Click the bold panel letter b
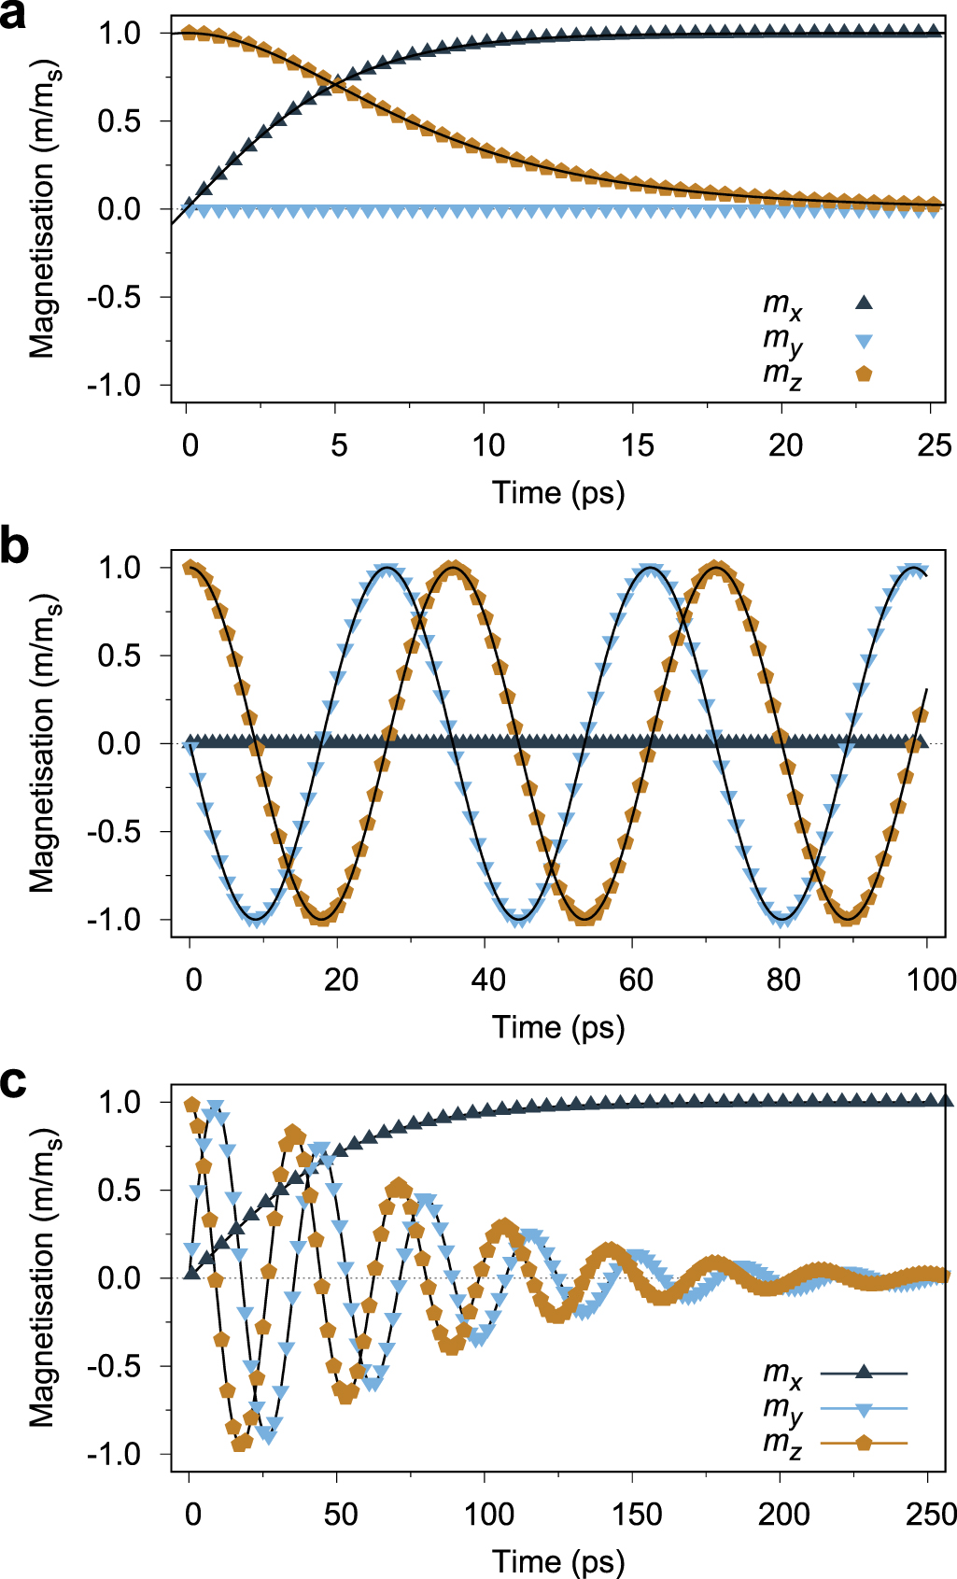[14, 546]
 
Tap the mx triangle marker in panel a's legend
[864, 302]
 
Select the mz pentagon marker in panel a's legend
[864, 374]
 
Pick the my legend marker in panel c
[864, 1409]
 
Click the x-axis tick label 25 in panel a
[934, 445]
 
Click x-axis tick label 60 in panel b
[636, 980]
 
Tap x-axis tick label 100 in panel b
[931, 980]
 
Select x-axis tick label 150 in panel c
[636, 1514]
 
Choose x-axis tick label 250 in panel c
[931, 1514]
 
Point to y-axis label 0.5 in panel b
[119, 656]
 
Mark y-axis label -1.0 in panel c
[113, 1454]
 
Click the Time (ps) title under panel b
[558, 1027]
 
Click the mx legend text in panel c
[782, 1374]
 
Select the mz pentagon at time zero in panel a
[189, 34]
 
